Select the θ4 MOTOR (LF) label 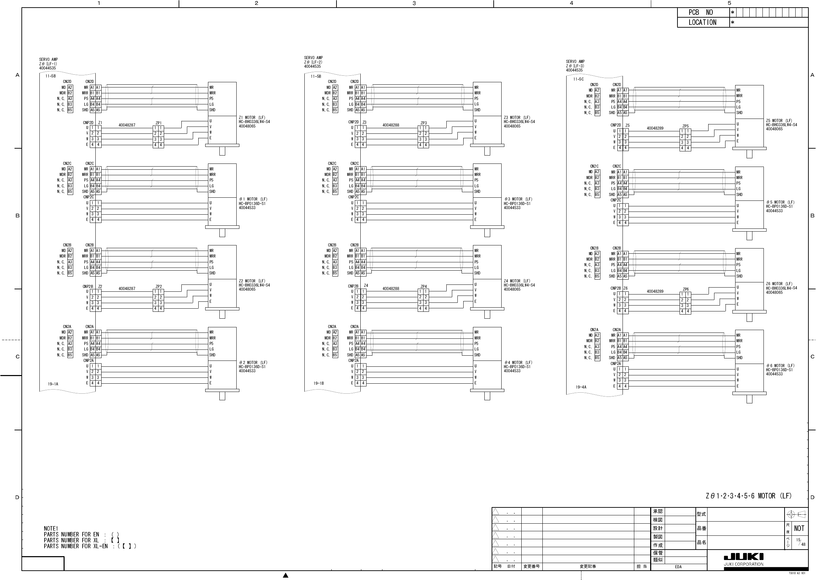pyautogui.click(x=518, y=363)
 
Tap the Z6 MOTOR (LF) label pyautogui.click(x=779, y=284)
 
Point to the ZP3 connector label pyautogui.click(x=424, y=123)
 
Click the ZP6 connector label pyautogui.click(x=686, y=289)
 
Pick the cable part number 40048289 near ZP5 pyautogui.click(x=655, y=128)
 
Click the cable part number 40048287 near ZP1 pyautogui.click(x=127, y=125)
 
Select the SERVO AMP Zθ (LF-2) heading pyautogui.click(x=313, y=62)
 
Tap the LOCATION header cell pyautogui.click(x=702, y=22)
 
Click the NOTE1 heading pyautogui.click(x=51, y=528)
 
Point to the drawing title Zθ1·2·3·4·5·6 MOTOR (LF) pyautogui.click(x=749, y=496)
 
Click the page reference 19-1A pyautogui.click(x=53, y=384)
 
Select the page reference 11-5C pyautogui.click(x=578, y=79)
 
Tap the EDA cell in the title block pyautogui.click(x=678, y=567)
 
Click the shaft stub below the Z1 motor pyautogui.click(x=222, y=151)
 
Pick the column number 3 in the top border pyautogui.click(x=414, y=3)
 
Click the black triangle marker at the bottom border pyautogui.click(x=286, y=576)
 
